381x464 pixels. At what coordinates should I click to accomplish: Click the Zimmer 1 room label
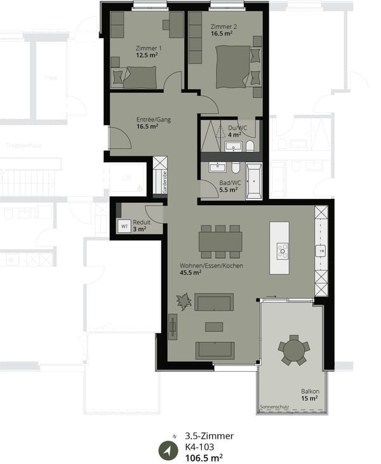tap(149, 48)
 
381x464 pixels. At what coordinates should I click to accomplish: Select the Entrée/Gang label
tap(154, 119)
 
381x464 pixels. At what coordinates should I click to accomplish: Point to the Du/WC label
tap(237, 127)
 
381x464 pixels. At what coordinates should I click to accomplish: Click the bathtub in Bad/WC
tap(254, 181)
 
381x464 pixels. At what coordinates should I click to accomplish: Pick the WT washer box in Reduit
tap(124, 226)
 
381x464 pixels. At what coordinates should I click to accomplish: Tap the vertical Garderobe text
tap(164, 184)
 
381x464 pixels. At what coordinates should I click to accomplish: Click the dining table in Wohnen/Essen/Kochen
tap(220, 241)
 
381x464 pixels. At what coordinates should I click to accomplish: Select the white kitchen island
tap(279, 247)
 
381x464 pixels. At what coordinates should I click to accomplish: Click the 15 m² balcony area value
tap(309, 399)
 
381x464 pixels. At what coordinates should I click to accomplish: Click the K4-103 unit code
tap(199, 447)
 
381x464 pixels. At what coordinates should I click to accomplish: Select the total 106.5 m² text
tap(203, 458)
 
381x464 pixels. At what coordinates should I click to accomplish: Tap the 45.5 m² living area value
tap(190, 273)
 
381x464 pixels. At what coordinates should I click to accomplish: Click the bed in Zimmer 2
tap(232, 67)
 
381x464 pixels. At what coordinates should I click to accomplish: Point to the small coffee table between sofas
tap(214, 327)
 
